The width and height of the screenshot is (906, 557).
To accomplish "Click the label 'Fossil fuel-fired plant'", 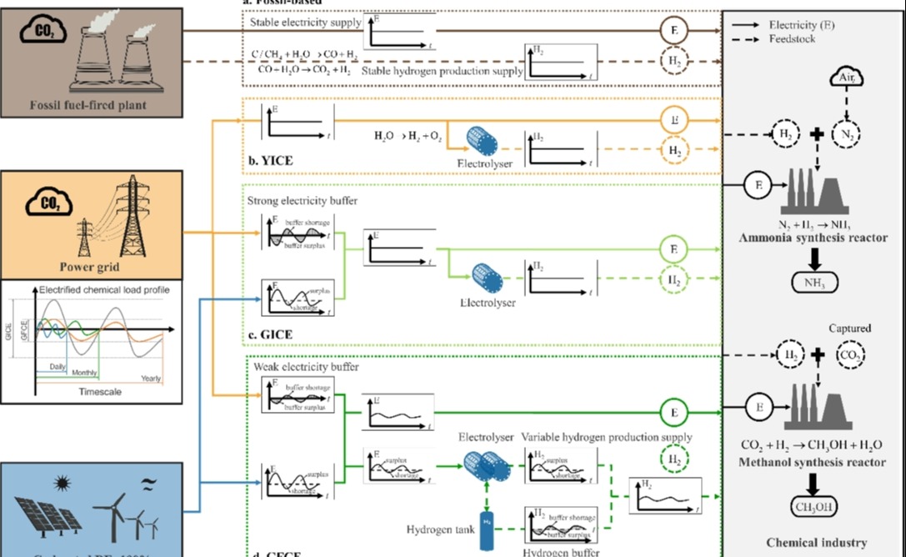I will [90, 106].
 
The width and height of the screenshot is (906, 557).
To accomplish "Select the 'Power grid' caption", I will [91, 267].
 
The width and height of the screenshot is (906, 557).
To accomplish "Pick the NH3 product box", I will [814, 284].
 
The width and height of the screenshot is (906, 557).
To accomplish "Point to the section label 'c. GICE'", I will [273, 336].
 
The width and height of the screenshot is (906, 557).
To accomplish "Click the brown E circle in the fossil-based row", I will [673, 31].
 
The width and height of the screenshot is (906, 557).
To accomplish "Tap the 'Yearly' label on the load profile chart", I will [151, 379].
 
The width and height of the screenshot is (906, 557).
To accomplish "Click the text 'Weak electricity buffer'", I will [306, 367].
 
